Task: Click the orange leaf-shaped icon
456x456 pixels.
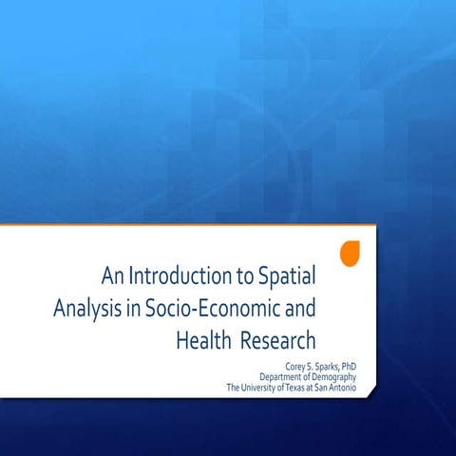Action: pos(350,254)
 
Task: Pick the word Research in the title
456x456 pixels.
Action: pos(278,339)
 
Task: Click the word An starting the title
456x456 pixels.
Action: pos(112,277)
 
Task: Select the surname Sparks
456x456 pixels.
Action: pos(321,364)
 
